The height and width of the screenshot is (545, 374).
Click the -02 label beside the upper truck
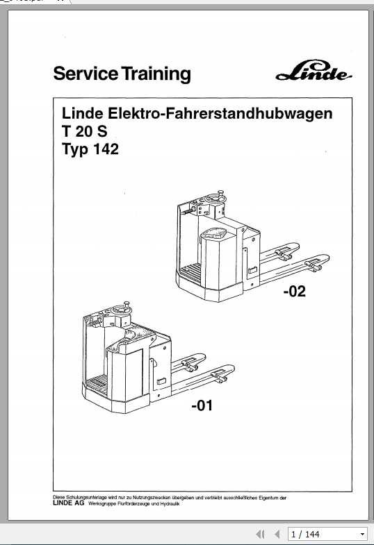coord(293,292)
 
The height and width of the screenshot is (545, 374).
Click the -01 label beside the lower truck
coord(202,405)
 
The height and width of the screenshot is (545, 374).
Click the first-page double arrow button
coord(261,534)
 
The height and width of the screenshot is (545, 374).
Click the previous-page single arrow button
coord(277,534)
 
